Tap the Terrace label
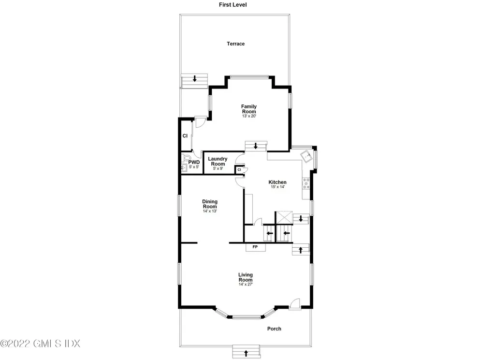tap(236, 44)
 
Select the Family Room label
tap(249, 109)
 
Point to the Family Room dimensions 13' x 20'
tap(249, 117)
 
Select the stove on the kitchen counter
tap(306, 184)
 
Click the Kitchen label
tap(277, 182)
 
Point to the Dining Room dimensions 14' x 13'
tap(210, 211)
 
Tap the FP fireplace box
tap(255, 247)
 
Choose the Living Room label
tap(246, 277)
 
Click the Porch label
tap(274, 329)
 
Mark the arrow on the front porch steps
tap(246, 353)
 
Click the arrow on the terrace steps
tap(195, 78)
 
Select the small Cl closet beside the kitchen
tap(239, 169)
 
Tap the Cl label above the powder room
tap(185, 136)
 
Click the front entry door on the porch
tap(294, 303)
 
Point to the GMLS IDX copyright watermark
tap(40, 344)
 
